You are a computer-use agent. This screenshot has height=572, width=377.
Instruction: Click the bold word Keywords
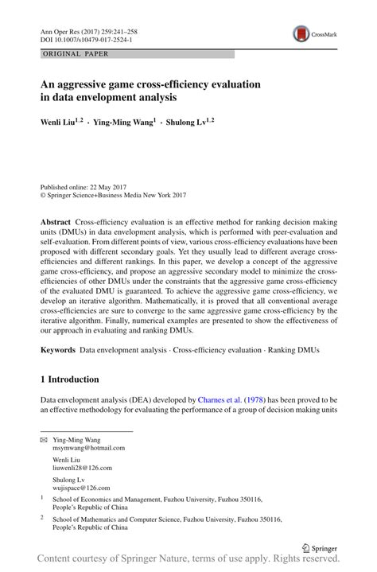pyautogui.click(x=57, y=349)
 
